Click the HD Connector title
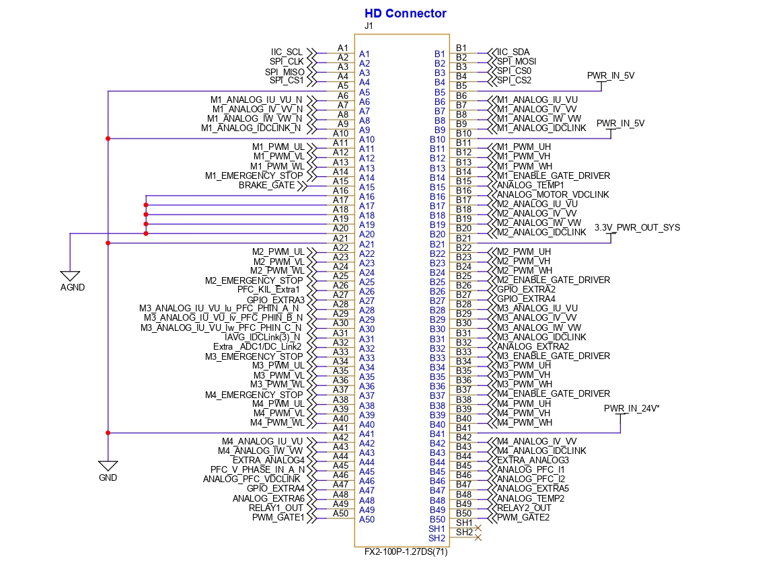click(x=405, y=13)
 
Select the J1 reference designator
click(x=368, y=26)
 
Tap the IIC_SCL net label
click(x=287, y=52)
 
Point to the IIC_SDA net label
click(x=514, y=52)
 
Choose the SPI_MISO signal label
click(x=285, y=71)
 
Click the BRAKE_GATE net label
click(x=267, y=185)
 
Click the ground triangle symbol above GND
click(x=108, y=465)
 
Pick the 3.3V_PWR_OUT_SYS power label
click(x=637, y=228)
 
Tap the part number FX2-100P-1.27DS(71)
click(x=402, y=553)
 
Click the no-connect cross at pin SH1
click(x=478, y=528)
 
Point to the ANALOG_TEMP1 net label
click(x=530, y=185)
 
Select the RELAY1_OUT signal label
click(x=276, y=508)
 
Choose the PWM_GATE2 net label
click(x=523, y=517)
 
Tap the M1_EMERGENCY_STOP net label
click(x=254, y=176)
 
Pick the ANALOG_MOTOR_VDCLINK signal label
click(x=552, y=194)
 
